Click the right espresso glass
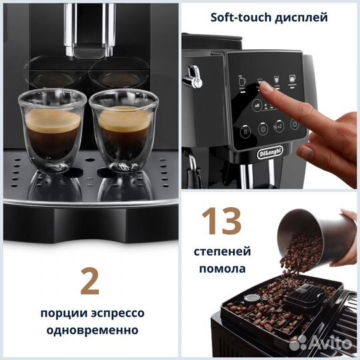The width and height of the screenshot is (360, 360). [x=124, y=130]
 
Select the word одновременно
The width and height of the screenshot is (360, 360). [x=89, y=330]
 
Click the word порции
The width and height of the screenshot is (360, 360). [x=59, y=313]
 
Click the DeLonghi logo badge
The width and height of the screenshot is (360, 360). [x=271, y=153]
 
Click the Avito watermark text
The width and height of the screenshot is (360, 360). [x=330, y=343]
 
